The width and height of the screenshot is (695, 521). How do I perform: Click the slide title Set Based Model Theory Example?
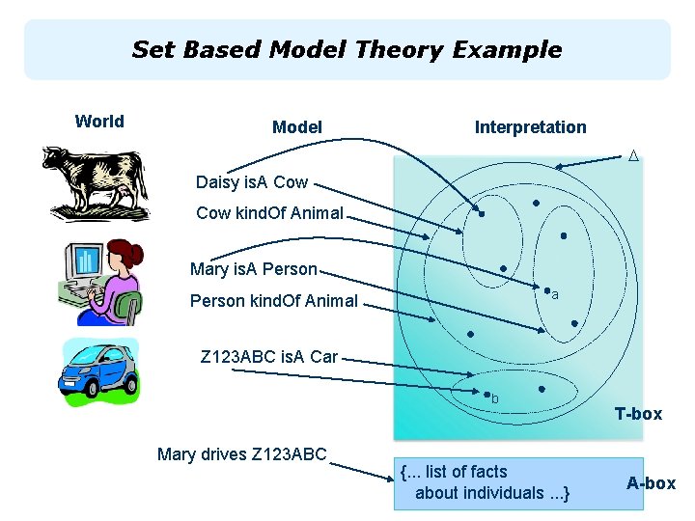[347, 49]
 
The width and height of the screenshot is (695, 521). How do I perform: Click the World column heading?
[99, 122]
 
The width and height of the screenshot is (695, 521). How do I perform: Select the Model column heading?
[297, 127]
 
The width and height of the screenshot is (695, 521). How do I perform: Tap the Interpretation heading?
[530, 127]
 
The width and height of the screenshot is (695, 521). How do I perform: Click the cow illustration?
[95, 182]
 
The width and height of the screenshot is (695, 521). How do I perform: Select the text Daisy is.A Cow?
[251, 182]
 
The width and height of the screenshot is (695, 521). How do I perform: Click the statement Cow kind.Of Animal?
[269, 213]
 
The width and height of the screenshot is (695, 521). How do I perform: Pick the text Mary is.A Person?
[253, 269]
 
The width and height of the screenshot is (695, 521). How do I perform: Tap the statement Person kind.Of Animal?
[273, 301]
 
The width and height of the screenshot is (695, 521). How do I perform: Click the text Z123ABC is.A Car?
[268, 357]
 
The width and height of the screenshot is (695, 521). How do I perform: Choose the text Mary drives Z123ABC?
[241, 454]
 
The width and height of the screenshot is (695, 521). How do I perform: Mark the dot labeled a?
[547, 290]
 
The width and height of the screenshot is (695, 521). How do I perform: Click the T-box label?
[638, 414]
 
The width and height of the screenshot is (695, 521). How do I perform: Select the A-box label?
[651, 483]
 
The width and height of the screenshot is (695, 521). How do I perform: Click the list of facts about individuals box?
[491, 482]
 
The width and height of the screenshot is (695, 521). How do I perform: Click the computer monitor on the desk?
[85, 260]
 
